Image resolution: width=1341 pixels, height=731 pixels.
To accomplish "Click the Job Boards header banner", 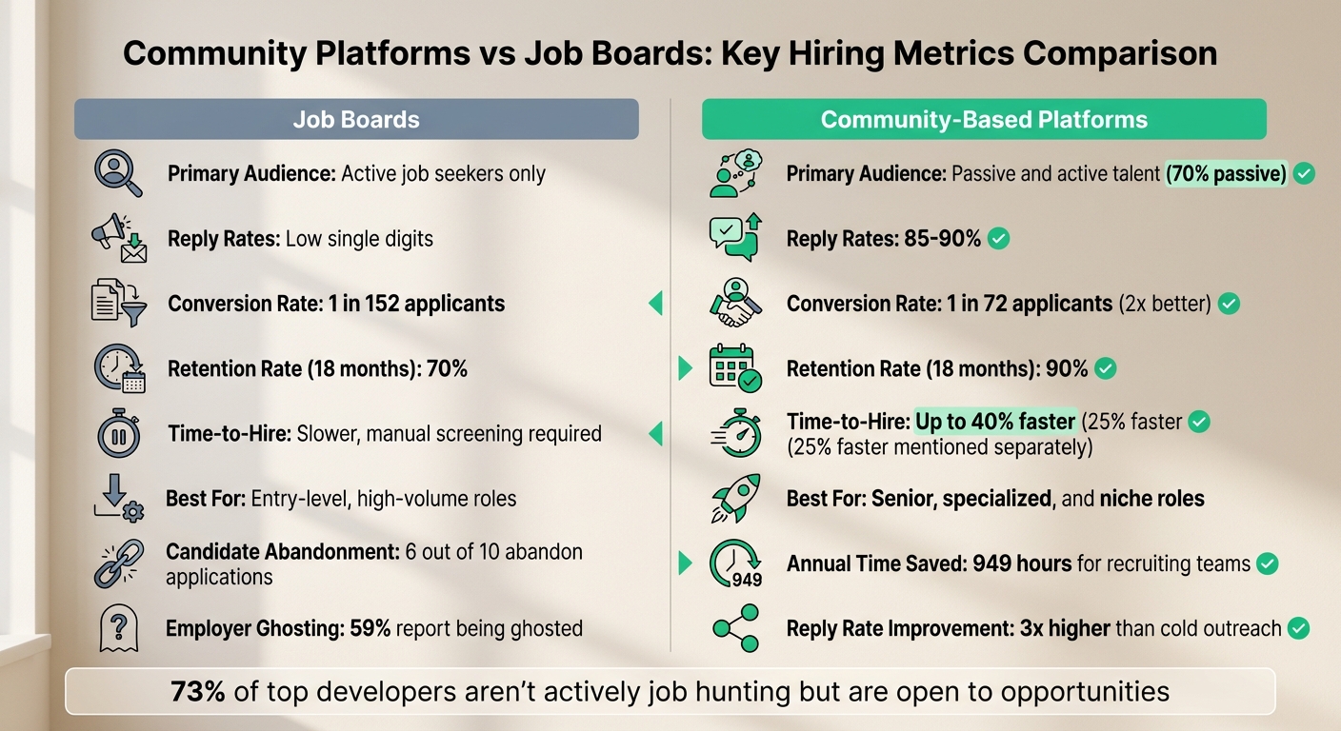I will click(x=356, y=119).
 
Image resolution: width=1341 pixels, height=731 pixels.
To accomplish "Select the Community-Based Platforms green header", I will click(x=984, y=120).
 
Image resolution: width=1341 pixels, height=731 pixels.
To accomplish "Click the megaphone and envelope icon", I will click(x=119, y=238).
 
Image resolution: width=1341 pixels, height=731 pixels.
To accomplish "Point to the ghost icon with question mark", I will click(x=119, y=628).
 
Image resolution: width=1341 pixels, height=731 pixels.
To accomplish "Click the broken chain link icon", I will click(x=119, y=563).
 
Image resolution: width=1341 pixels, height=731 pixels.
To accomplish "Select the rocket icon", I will click(x=735, y=498).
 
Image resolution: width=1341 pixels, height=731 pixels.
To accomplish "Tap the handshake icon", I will click(x=735, y=304).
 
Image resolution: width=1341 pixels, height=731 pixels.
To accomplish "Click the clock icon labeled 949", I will click(x=735, y=563).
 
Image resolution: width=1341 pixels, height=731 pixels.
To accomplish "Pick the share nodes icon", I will click(x=735, y=628).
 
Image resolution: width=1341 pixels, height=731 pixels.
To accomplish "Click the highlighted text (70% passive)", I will click(x=1227, y=174).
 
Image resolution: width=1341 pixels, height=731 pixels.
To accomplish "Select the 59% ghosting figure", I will click(x=369, y=628).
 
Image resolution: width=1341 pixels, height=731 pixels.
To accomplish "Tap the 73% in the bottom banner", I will click(x=198, y=691).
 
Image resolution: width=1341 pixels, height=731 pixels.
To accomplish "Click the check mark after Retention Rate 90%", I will click(x=1105, y=368).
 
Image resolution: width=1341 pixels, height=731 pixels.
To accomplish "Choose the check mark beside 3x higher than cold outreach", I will click(x=1297, y=628).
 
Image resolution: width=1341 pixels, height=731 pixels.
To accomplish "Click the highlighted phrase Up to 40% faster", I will click(x=995, y=422).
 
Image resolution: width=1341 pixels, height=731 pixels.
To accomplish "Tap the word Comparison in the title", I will click(x=1120, y=53).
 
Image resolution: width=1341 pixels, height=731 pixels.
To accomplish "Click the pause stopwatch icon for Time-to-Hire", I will click(x=119, y=434).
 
